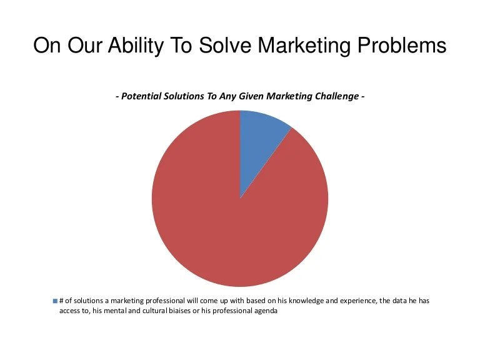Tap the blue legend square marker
tap(55, 301)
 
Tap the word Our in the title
tap(91, 46)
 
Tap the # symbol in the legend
tap(62, 301)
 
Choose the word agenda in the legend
tap(265, 311)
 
